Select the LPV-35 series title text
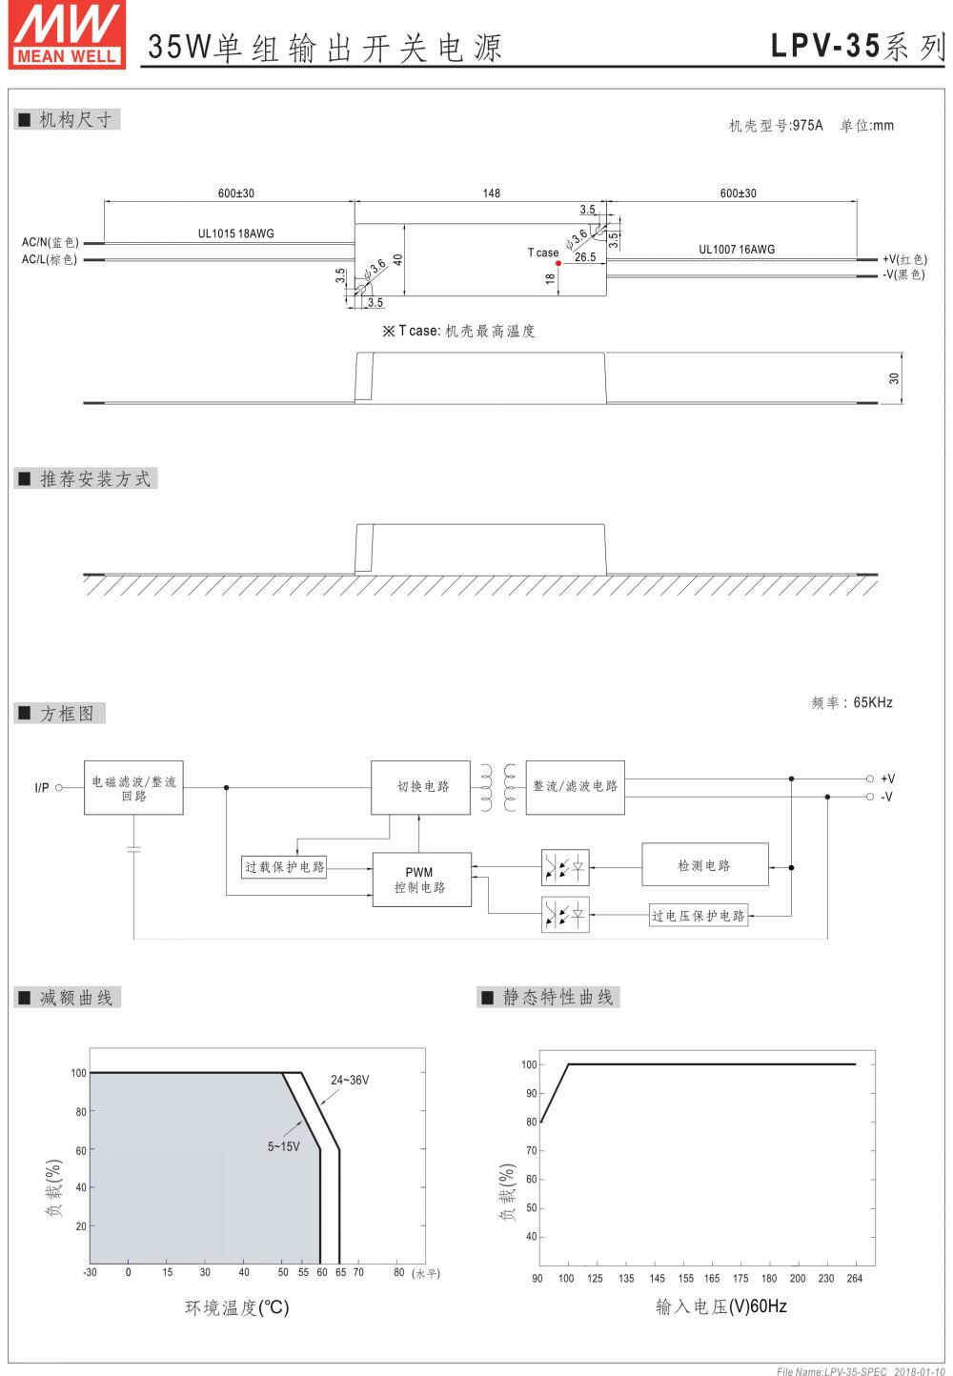click(x=857, y=47)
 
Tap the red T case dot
click(x=558, y=263)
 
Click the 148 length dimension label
click(x=491, y=193)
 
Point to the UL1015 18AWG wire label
click(x=235, y=233)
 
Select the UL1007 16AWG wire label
click(x=737, y=250)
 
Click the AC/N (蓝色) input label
click(x=51, y=243)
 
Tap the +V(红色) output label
click(x=903, y=259)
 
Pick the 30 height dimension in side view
click(x=894, y=378)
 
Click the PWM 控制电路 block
click(x=420, y=880)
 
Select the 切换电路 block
click(x=421, y=787)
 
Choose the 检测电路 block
click(x=705, y=866)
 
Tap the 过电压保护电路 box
click(x=699, y=916)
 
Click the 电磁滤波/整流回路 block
click(x=133, y=788)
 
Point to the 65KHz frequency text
click(x=872, y=703)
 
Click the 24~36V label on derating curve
click(x=350, y=1081)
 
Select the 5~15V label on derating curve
click(x=283, y=1146)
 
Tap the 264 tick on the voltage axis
click(x=855, y=1279)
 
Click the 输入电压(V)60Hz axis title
click(x=721, y=1306)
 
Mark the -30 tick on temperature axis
click(x=90, y=1272)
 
